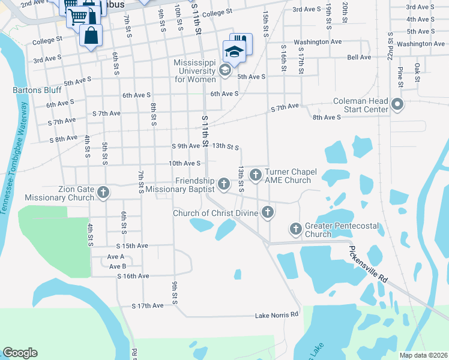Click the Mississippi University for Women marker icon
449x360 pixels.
pos(224,71)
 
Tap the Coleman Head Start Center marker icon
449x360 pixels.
pos(397,105)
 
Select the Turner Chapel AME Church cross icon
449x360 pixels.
pos(255,175)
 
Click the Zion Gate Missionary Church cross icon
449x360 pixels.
pos(103,193)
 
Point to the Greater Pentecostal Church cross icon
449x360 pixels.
pos(295,229)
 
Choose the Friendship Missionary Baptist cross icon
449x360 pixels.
pos(224,183)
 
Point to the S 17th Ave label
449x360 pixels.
pos(148,305)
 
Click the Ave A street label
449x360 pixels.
pos(116,256)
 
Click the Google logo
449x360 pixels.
pos(20,353)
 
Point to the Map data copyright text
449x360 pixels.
pos(423,355)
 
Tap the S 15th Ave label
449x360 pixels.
pos(132,246)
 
